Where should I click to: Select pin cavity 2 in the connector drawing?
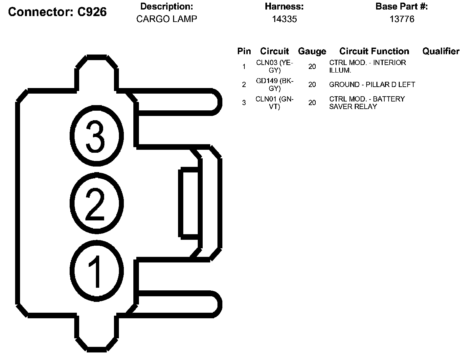click(96, 203)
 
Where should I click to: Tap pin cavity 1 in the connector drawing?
click(96, 270)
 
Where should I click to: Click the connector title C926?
click(57, 12)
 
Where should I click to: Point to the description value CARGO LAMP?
click(167, 19)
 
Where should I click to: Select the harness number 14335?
click(284, 19)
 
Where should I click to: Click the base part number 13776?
click(402, 19)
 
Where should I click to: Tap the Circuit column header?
click(274, 51)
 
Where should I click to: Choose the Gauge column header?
click(312, 51)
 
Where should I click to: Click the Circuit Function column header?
click(374, 51)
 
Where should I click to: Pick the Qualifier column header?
click(440, 51)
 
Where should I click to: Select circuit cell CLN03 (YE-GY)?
click(274, 66)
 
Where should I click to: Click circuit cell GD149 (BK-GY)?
click(274, 84)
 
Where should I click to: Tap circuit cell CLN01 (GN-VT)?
click(274, 102)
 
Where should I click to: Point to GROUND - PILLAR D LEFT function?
click(372, 84)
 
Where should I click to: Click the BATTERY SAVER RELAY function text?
click(367, 102)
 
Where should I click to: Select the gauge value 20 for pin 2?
click(312, 84)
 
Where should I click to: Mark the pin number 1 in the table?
click(244, 67)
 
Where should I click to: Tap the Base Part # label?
click(401, 7)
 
